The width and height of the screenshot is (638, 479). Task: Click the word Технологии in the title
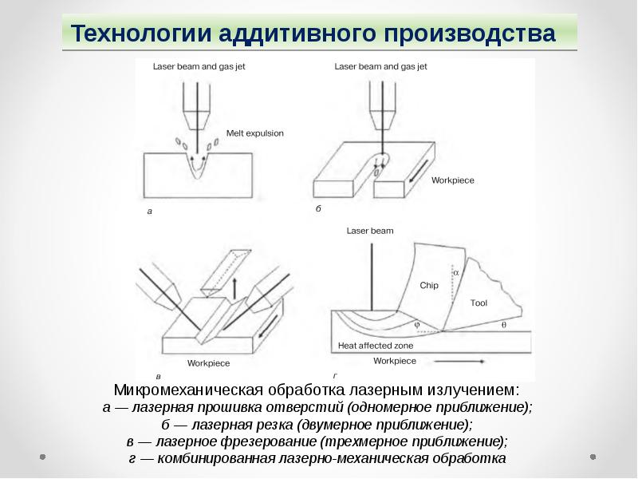click(x=141, y=34)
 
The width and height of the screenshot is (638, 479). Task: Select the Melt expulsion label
click(x=254, y=133)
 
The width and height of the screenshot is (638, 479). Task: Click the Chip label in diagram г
click(x=429, y=285)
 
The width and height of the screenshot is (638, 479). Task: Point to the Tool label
click(x=478, y=303)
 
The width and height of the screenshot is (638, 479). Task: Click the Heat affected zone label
click(x=376, y=346)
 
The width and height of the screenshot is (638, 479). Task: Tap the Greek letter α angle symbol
click(x=455, y=272)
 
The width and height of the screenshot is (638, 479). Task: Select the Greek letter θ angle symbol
click(x=504, y=325)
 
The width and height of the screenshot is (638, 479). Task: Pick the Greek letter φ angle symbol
click(x=416, y=325)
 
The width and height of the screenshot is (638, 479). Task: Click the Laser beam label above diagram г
click(x=370, y=231)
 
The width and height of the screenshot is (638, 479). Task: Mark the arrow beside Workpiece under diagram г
click(x=459, y=362)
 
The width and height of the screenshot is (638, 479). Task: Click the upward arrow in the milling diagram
click(x=234, y=289)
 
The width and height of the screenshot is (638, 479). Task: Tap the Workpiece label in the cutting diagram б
click(x=452, y=180)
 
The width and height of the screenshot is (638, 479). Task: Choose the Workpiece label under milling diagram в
click(x=208, y=363)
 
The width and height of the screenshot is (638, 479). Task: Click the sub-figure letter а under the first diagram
click(x=150, y=212)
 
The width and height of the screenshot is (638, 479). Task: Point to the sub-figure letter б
click(x=318, y=208)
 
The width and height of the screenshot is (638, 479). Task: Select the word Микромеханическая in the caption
click(x=188, y=390)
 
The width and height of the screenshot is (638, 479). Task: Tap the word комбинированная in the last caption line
click(x=216, y=458)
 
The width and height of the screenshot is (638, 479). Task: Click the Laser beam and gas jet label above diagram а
click(x=199, y=66)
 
